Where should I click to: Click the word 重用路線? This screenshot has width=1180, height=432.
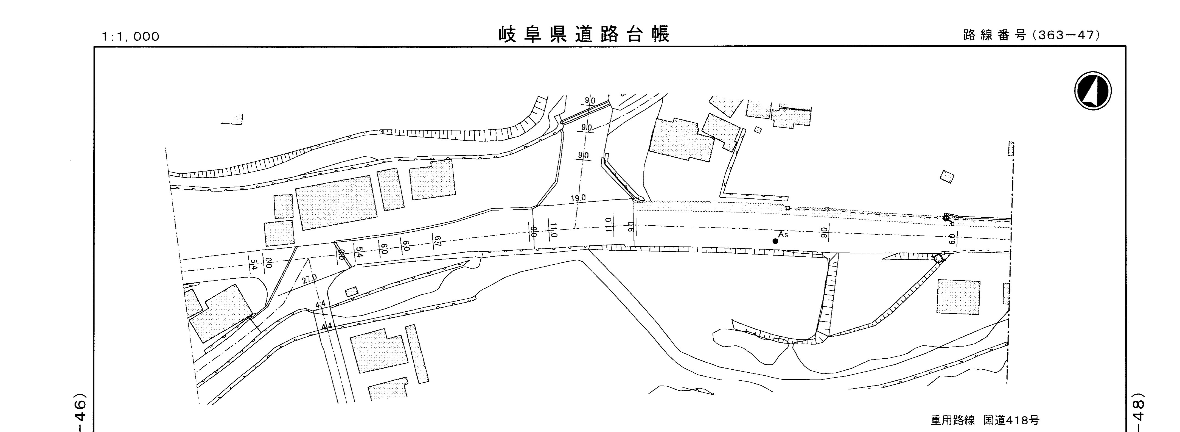coord(953,420)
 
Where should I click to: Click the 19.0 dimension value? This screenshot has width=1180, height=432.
coord(578,198)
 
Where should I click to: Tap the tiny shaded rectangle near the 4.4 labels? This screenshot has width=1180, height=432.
coord(351,291)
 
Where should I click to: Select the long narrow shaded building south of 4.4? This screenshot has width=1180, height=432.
coord(417,353)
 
